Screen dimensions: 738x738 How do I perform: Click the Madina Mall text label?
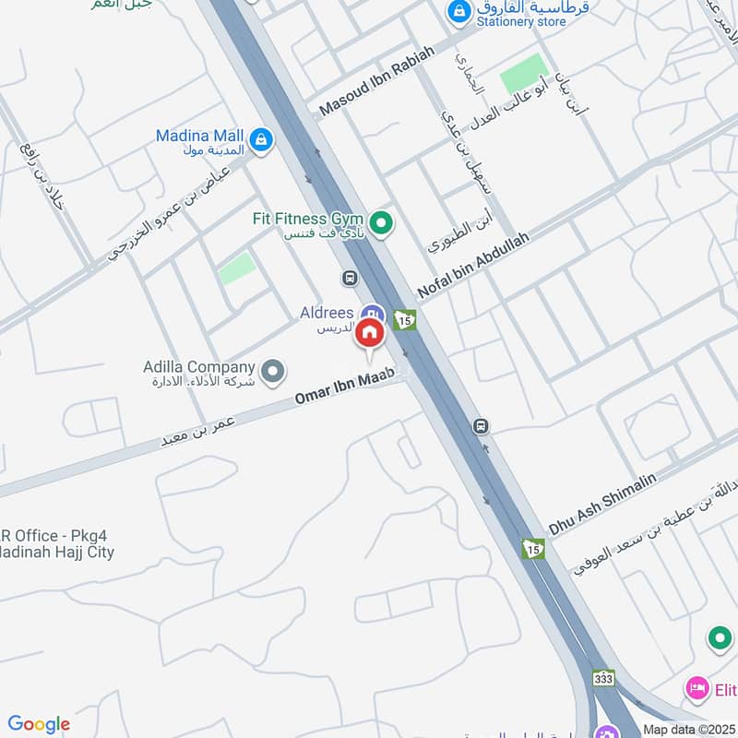point(199,136)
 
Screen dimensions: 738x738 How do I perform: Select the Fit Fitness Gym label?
point(303,220)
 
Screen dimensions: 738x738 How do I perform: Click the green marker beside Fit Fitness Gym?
point(379,222)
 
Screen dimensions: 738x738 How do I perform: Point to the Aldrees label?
point(327,314)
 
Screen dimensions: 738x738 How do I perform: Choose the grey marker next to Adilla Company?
point(271,373)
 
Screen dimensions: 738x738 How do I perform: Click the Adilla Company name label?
point(198,366)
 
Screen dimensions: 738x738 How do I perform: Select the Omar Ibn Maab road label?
point(344,387)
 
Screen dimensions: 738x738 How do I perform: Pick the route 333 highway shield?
point(603,678)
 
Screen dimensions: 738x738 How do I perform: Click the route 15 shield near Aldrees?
point(404,319)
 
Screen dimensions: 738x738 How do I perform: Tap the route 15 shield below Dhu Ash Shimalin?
point(532,549)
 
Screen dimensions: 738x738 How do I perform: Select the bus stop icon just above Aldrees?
point(350,278)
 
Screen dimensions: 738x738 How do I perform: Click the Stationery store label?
point(522,21)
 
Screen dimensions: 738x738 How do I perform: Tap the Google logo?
point(39,724)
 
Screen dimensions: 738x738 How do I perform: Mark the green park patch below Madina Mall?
point(237,268)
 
